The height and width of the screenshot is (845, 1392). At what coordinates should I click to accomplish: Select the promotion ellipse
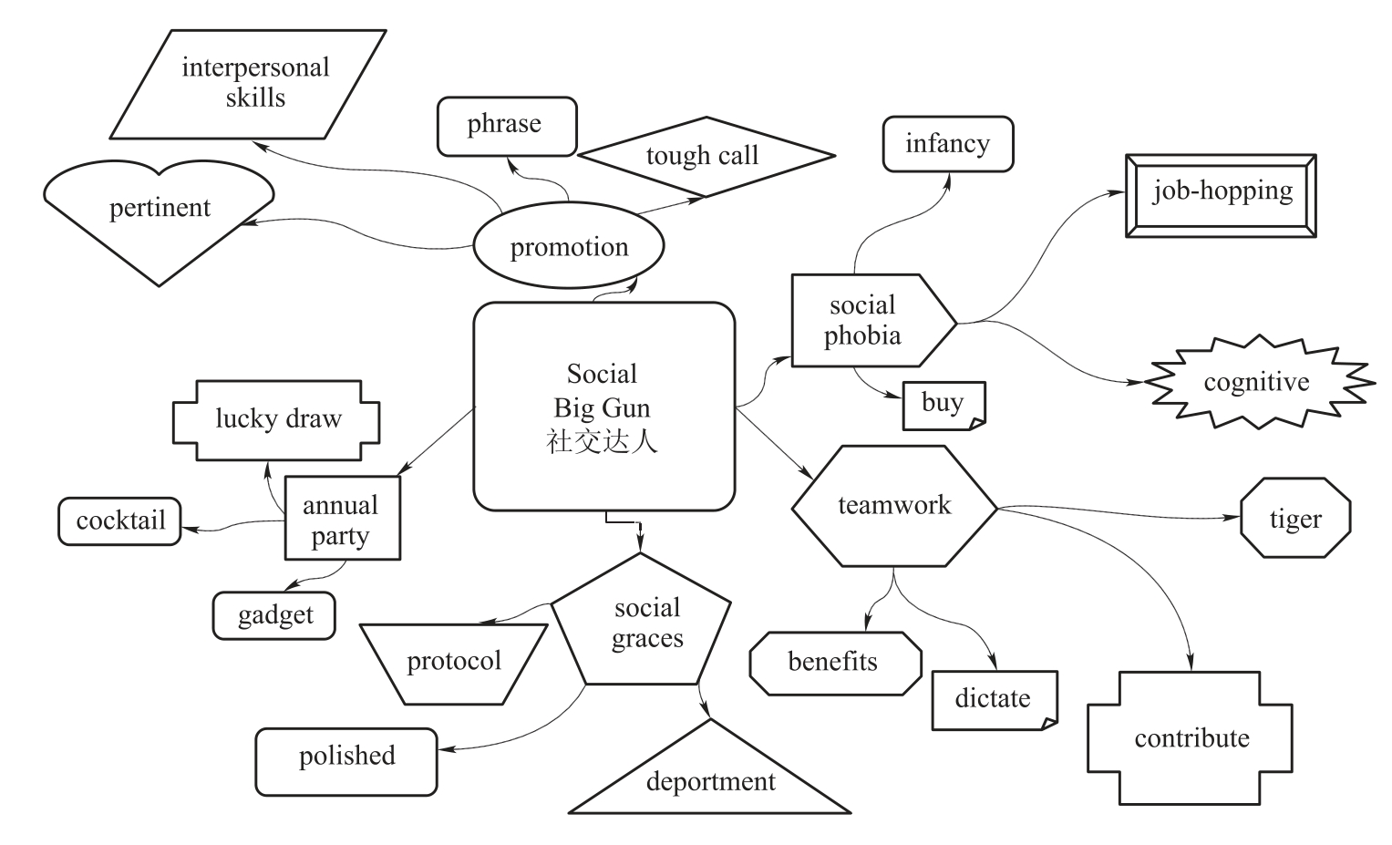tap(569, 247)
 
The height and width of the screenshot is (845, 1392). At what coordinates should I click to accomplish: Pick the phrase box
tap(507, 126)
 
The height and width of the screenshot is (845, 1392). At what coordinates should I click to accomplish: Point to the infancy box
tap(948, 144)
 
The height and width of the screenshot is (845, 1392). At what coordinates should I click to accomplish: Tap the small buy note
tap(943, 405)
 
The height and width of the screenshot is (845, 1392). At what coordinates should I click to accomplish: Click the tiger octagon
tap(1294, 518)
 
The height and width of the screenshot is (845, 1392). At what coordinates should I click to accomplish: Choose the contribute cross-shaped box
tap(1190, 738)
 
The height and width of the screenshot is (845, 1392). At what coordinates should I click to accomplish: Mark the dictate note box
tap(994, 699)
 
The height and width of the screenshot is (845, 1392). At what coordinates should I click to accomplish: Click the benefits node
tap(834, 663)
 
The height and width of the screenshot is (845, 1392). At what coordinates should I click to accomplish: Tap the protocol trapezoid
tap(454, 663)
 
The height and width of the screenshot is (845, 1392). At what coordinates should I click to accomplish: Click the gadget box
tap(274, 615)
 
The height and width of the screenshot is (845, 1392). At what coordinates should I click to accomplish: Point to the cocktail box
tap(120, 521)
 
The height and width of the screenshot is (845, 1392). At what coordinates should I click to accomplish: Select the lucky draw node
tap(276, 419)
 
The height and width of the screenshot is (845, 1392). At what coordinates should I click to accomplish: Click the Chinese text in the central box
tap(602, 441)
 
